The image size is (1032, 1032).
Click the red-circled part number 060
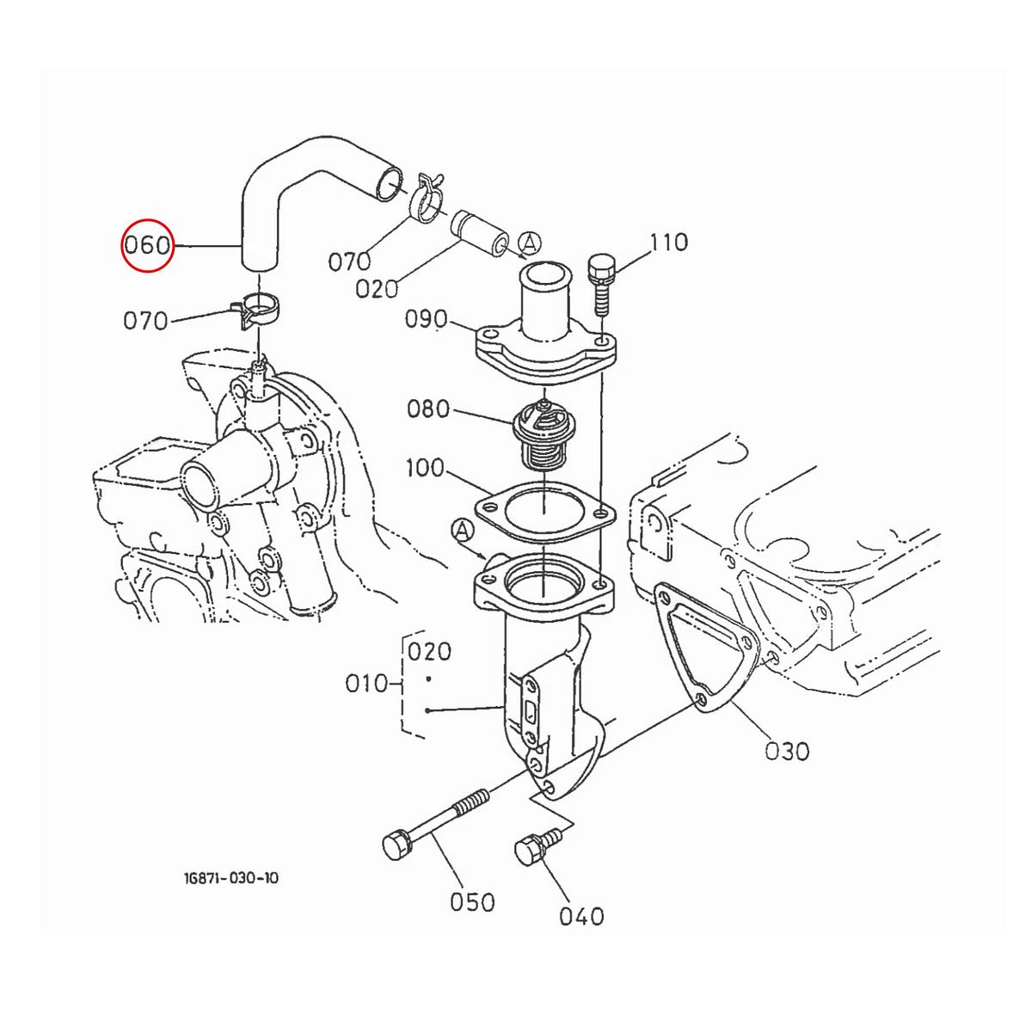(147, 245)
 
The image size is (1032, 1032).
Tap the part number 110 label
(669, 242)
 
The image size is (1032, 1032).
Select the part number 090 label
(426, 319)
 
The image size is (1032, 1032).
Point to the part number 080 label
(428, 408)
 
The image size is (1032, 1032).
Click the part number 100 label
(425, 468)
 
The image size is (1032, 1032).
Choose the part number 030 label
(787, 752)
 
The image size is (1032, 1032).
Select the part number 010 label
(366, 684)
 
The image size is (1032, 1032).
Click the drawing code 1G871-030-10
(231, 878)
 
